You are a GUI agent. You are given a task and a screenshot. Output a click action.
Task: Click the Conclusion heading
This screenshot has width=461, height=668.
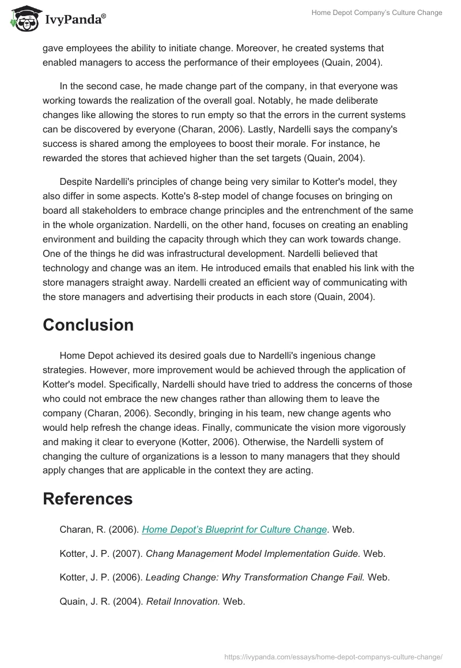click(x=88, y=325)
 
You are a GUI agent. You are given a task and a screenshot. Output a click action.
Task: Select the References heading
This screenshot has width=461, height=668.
click(x=88, y=499)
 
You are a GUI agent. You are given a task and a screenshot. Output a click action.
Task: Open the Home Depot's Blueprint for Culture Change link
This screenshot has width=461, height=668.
click(x=235, y=529)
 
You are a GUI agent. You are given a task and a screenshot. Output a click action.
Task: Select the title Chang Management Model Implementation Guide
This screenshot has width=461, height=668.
click(x=253, y=553)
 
